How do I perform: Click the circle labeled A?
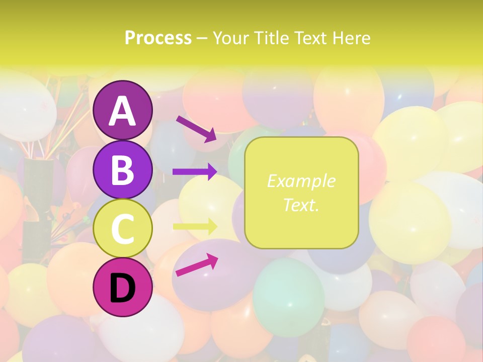122,110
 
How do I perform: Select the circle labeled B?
122,169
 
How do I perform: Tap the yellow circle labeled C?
122,228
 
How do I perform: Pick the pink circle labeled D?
122,287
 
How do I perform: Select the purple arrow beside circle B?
195,171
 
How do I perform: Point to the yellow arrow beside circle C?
195,226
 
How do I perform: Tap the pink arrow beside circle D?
197,265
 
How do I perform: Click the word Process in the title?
158,38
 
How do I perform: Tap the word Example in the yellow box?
301,181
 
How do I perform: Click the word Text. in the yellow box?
301,205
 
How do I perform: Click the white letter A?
122,111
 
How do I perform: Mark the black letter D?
122,288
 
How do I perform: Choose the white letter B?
122,170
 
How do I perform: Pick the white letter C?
122,229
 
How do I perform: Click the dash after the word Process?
202,39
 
